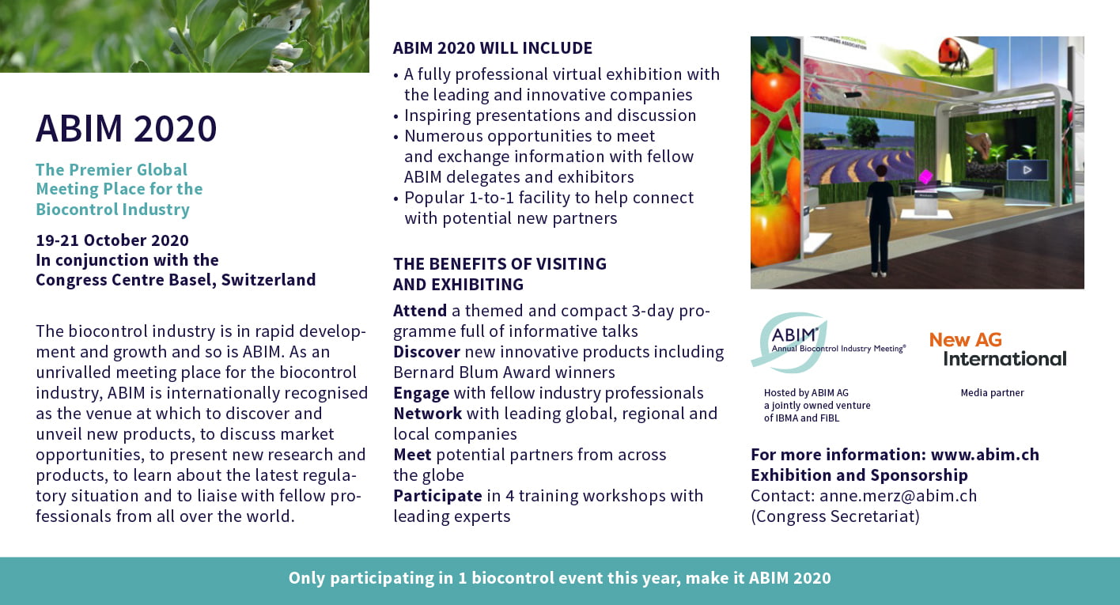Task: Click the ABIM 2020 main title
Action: click(127, 128)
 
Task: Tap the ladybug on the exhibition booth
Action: click(954, 56)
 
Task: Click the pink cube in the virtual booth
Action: click(925, 176)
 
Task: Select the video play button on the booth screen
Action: click(1027, 170)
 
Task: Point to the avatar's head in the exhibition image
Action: click(881, 172)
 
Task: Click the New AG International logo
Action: click(997, 349)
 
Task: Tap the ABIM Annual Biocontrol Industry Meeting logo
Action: click(828, 342)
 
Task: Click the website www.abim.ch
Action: click(985, 455)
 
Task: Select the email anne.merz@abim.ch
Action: click(898, 496)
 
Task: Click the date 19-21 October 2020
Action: click(112, 240)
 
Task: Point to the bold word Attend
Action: click(419, 311)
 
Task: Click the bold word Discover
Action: click(426, 351)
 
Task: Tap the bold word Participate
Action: click(437, 496)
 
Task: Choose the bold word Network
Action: click(427, 414)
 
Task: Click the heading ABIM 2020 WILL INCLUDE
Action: click(493, 48)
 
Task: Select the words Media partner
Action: click(992, 393)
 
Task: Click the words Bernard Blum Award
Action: click(476, 372)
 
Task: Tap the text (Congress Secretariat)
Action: click(835, 516)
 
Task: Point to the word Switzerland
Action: click(268, 280)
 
